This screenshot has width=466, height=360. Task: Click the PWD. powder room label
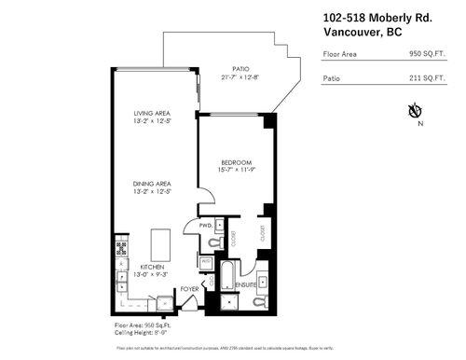point(206,227)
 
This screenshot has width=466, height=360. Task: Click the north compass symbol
point(414,113)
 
